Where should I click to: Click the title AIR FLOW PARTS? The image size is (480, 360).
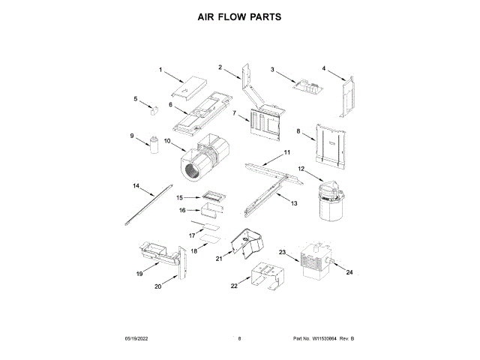(x=239, y=16)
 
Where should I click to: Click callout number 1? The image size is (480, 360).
(x=160, y=70)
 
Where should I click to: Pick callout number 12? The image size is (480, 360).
(x=301, y=169)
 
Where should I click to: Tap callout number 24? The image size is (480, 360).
(x=349, y=274)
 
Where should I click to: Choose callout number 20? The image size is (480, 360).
(x=158, y=286)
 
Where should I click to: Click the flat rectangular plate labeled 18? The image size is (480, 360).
(x=208, y=243)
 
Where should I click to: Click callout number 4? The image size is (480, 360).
(x=324, y=68)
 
